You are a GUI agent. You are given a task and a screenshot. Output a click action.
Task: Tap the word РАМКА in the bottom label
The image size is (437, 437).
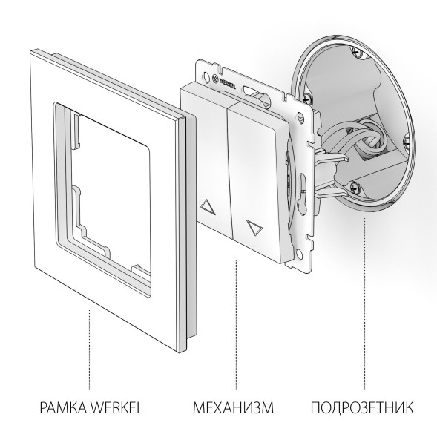58,407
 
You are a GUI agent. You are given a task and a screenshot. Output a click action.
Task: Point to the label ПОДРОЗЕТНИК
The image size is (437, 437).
361,407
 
